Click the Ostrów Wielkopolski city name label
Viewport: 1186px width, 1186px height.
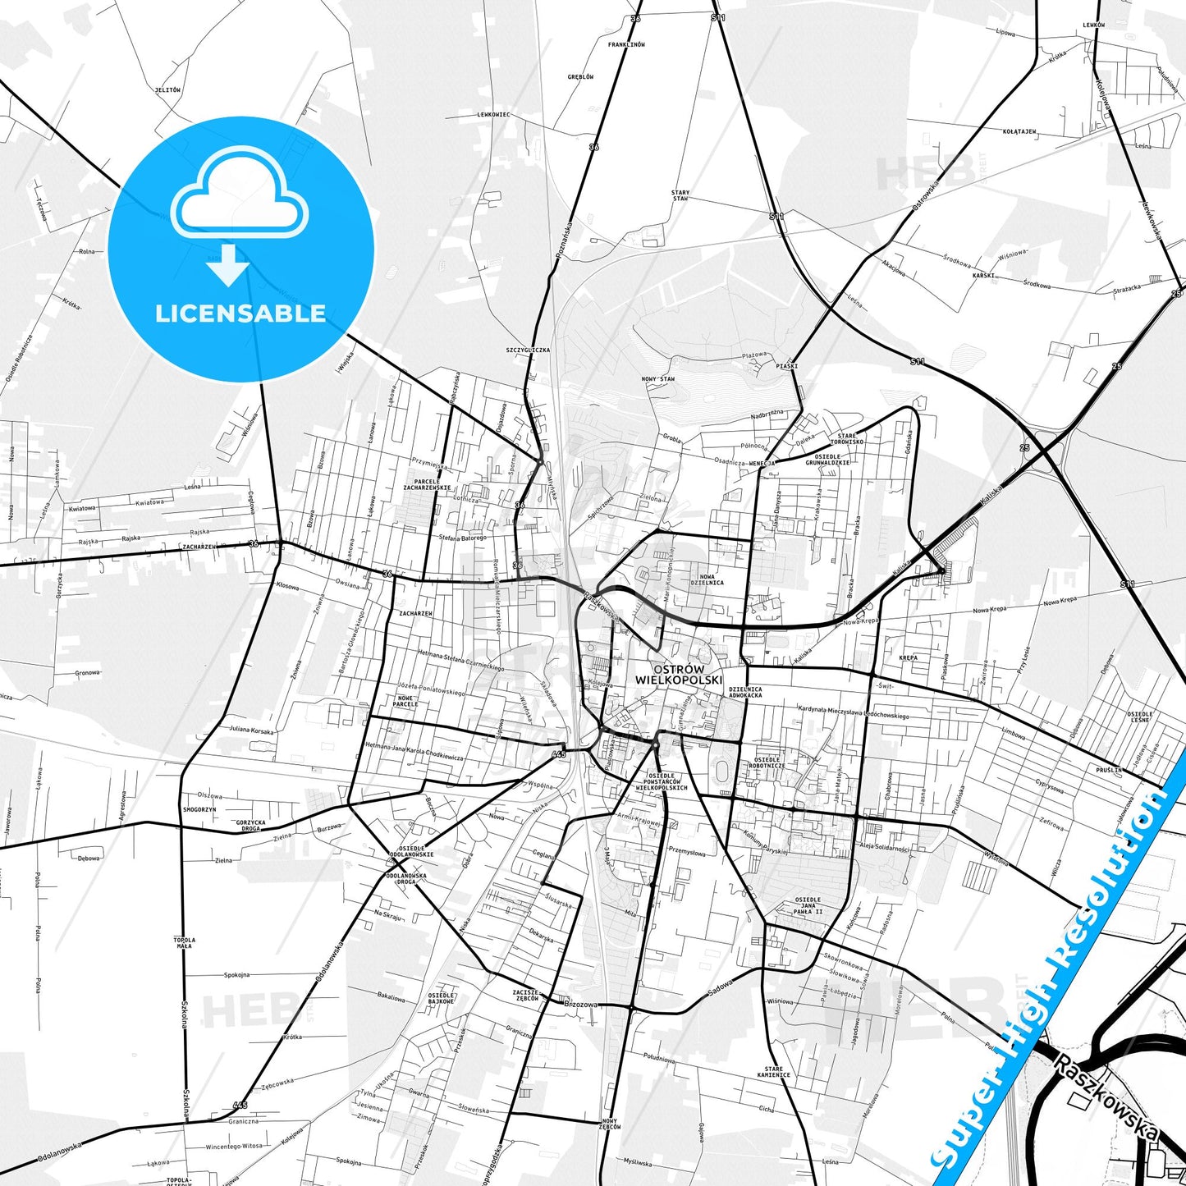[x=678, y=674]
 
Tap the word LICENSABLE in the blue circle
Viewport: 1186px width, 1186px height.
[x=240, y=314]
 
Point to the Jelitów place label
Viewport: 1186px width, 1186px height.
[x=167, y=90]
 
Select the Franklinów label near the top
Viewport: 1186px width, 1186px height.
[x=626, y=44]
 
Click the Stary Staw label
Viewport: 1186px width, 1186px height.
[x=680, y=195]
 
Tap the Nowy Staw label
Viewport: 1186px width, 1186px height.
[x=658, y=379]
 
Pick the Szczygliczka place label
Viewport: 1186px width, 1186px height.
[x=528, y=350]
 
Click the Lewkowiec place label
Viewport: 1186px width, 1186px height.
[x=493, y=115]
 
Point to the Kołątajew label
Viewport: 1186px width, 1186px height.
[x=1019, y=131]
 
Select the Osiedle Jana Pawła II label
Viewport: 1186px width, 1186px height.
[x=808, y=905]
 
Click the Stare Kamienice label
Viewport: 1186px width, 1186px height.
[x=774, y=1071]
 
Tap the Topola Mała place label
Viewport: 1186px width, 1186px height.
[x=184, y=942]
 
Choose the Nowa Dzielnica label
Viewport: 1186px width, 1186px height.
[x=707, y=579]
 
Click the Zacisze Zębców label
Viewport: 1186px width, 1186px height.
[x=526, y=995]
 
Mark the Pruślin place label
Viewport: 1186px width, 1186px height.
[x=1108, y=770]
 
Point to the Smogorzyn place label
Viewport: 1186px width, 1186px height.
[x=199, y=809]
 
